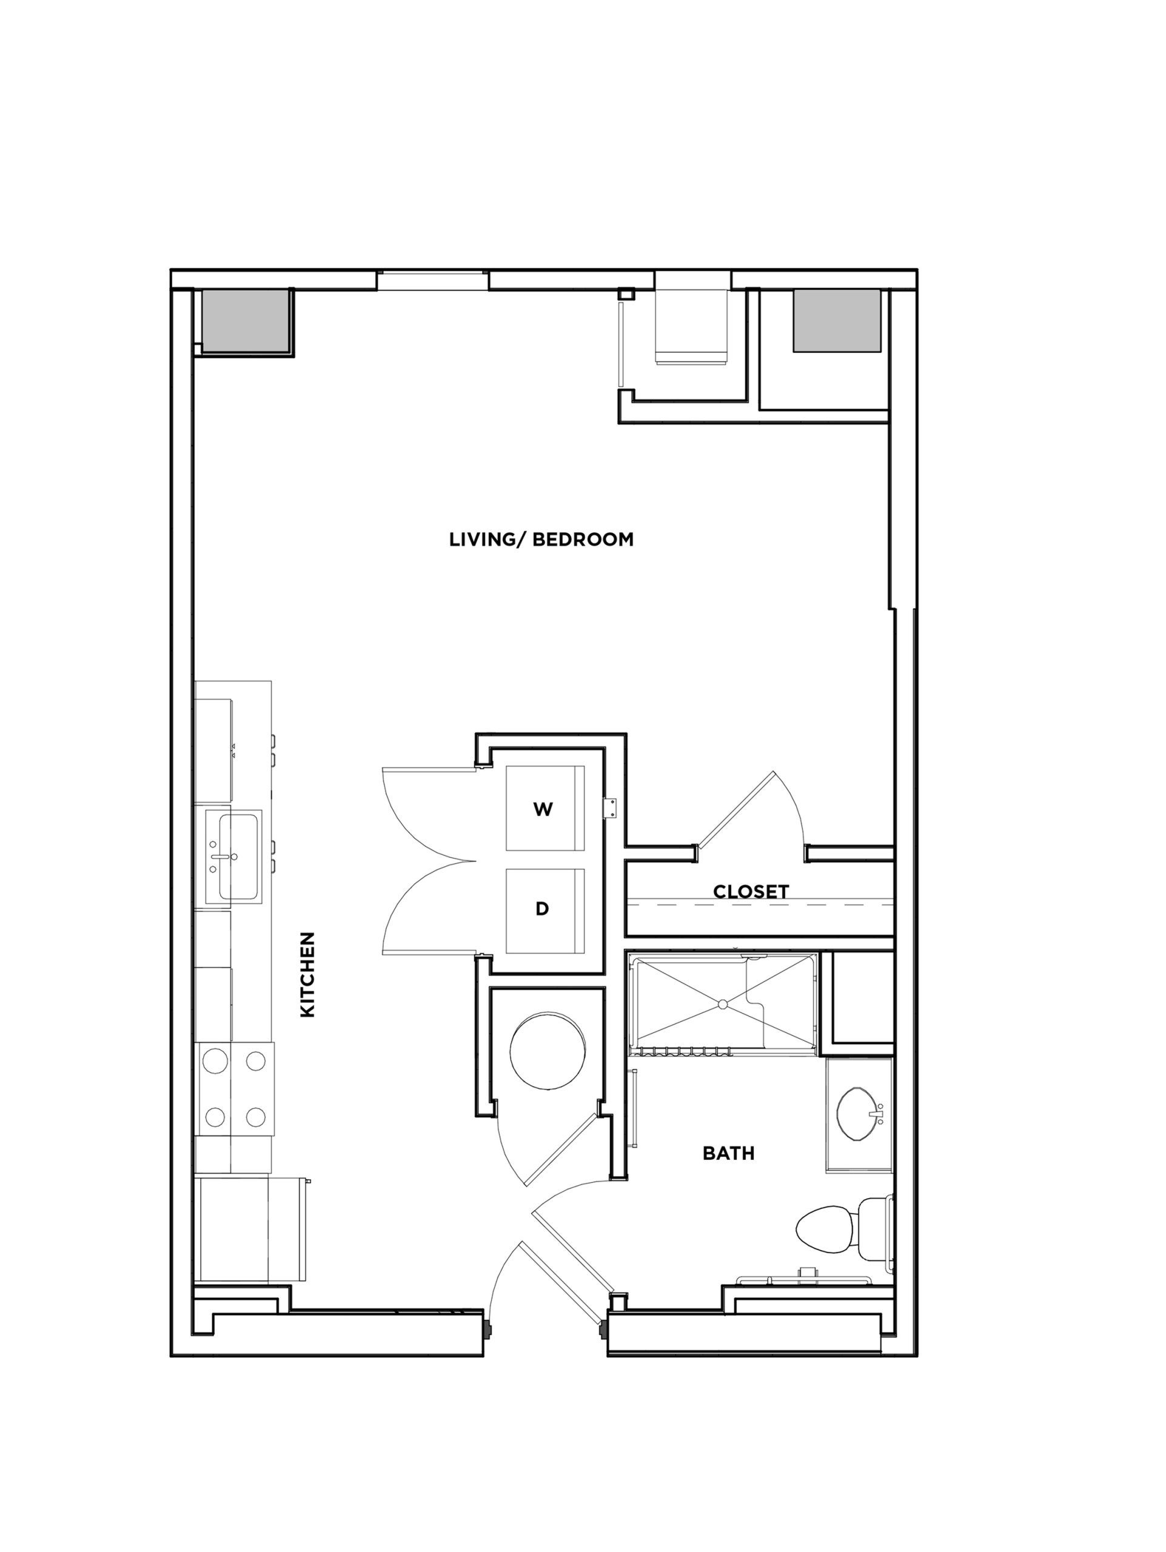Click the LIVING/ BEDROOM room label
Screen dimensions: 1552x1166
click(x=541, y=540)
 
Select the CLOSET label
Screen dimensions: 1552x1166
click(x=751, y=892)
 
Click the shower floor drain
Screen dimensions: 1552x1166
click(x=721, y=1005)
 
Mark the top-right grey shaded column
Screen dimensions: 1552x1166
click(x=836, y=321)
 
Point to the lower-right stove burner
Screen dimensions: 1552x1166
click(x=255, y=1115)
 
